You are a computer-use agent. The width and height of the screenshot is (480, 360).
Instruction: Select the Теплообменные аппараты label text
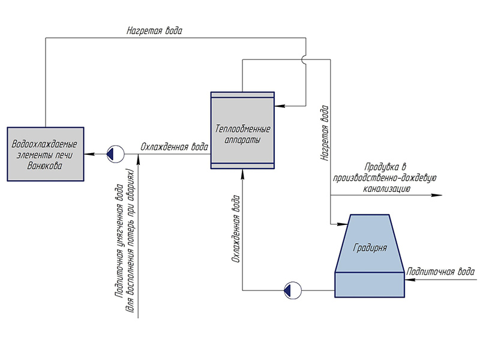[242, 133]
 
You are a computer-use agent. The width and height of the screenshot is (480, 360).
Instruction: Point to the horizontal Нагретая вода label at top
[154, 30]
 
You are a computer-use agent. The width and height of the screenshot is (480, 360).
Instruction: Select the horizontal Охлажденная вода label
[174, 146]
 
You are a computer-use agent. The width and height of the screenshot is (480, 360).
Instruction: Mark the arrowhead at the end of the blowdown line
[437, 196]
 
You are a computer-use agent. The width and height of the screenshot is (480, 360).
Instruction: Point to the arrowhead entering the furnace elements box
[88, 154]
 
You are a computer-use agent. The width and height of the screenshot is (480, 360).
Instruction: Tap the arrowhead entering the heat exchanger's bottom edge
[242, 173]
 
